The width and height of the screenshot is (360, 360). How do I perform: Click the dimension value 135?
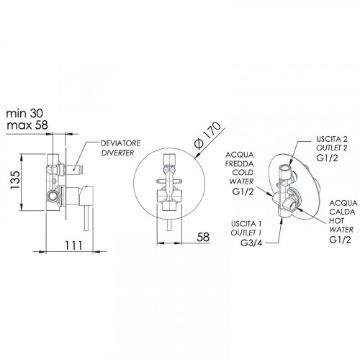(x=15, y=180)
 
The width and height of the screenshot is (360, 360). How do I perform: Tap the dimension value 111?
(x=73, y=246)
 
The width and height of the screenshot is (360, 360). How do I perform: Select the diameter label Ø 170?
(x=207, y=135)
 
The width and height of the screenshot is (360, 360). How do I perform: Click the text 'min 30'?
(x=24, y=114)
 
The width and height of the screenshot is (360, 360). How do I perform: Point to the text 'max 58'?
(x=27, y=125)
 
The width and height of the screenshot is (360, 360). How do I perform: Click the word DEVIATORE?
(x=120, y=143)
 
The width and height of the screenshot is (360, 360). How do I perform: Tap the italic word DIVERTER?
(x=117, y=153)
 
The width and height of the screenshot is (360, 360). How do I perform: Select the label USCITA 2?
(x=332, y=139)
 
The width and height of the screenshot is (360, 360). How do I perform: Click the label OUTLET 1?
(x=246, y=233)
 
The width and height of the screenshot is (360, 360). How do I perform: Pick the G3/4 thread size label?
(x=251, y=243)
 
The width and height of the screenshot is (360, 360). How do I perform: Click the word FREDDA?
(x=239, y=163)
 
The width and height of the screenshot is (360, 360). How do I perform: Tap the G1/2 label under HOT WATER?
(x=340, y=240)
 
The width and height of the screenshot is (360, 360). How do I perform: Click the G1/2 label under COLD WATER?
(x=243, y=192)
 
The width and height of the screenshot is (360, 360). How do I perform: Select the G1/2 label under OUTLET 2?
(x=327, y=158)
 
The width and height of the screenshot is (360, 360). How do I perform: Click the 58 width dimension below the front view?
(x=203, y=237)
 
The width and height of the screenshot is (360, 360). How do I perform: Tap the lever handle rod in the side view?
(x=86, y=218)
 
